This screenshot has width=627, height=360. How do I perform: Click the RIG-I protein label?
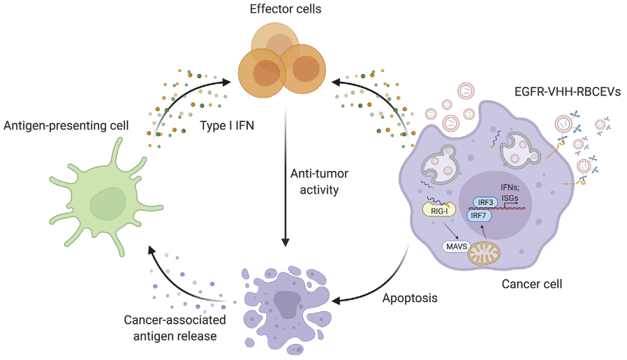pos(439,211)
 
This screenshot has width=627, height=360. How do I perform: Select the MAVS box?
pos(457,246)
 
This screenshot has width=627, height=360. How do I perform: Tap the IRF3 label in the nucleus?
pos(485,202)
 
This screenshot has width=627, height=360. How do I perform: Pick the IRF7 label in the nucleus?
pos(479,216)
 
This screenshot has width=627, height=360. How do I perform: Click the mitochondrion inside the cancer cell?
pos(485,253)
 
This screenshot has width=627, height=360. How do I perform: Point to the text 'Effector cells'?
pos(286,9)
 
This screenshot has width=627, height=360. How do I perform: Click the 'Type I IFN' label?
pos(227,126)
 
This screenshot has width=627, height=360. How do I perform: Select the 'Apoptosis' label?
pos(410,298)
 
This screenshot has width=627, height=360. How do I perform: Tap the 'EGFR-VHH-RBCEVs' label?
pos(568,92)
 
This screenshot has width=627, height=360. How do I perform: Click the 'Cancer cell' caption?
pos(532,284)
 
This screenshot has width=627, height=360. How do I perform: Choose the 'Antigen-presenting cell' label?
pos(66,126)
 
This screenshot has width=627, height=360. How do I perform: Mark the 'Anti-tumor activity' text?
pos(319,181)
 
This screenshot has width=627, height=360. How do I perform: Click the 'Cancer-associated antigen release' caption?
pos(175,328)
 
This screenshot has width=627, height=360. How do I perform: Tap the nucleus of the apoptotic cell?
pos(287,304)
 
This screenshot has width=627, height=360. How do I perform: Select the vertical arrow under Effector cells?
pos(286,178)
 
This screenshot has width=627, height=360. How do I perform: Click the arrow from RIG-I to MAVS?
pos(450,229)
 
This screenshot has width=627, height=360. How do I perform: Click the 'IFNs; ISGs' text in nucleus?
pos(510,192)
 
